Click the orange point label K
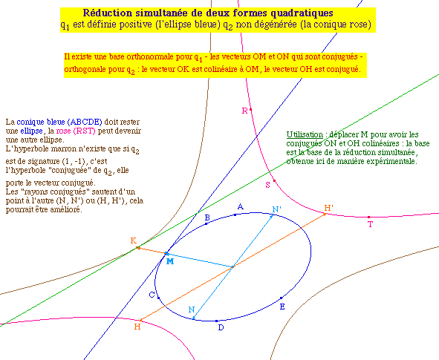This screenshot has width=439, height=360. point(134,240)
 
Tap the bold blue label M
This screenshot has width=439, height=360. point(170,261)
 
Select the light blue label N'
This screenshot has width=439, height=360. point(277,209)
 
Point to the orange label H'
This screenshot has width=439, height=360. point(328,208)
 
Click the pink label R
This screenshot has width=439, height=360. point(244,111)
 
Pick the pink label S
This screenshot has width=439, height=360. point(268,185)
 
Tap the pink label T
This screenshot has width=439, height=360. point(371,224)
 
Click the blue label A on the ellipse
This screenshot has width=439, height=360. point(240,206)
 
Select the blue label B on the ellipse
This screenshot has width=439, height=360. point(207,217)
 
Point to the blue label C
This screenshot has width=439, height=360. point(152,295)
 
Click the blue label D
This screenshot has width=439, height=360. point(221,327)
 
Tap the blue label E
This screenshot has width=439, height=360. point(282,307)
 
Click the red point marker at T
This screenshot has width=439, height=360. point(368,217)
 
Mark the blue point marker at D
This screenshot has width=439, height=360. point(216,321)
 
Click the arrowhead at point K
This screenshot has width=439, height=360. point(137,248)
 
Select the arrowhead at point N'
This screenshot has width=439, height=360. point(271,217)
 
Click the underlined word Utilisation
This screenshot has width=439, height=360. point(305,134)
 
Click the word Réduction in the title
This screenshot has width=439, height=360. point(108,13)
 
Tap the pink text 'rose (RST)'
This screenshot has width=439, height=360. point(76,131)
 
